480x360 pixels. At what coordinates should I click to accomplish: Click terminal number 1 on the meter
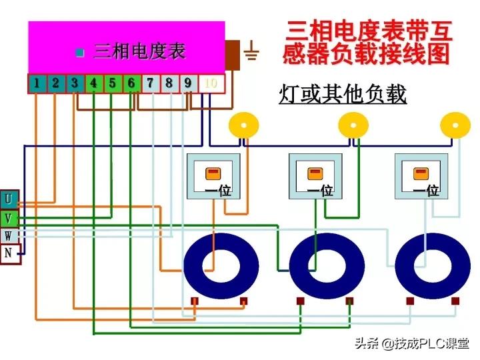37,83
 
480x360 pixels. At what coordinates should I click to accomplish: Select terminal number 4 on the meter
94,83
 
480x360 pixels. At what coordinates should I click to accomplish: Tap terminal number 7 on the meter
151,83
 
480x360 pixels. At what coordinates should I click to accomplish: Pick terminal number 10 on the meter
211,83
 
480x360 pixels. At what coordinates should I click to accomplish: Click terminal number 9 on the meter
189,83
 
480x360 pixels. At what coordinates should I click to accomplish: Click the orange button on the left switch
212,173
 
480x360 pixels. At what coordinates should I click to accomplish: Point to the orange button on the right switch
421,173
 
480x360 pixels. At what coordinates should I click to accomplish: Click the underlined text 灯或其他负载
342,95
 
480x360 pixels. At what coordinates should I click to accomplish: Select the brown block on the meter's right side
232,55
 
